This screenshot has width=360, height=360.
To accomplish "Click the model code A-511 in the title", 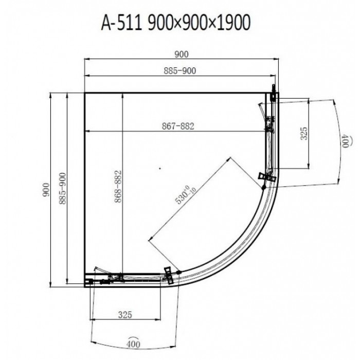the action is pos(121,23).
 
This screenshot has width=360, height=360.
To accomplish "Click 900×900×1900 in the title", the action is pos(199,23).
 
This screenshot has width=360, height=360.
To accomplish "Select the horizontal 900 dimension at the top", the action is pos(182,55).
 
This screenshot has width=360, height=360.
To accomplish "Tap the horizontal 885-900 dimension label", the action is pos(180,71).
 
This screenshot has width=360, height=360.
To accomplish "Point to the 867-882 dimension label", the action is pos(178,126).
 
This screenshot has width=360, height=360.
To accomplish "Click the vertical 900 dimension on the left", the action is pos(46,190).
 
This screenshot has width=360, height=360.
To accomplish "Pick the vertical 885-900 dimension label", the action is pos(62,189).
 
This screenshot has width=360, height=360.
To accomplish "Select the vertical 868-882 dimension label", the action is pos(118,186).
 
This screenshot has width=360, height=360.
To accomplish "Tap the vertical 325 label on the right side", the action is pos(304,133).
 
